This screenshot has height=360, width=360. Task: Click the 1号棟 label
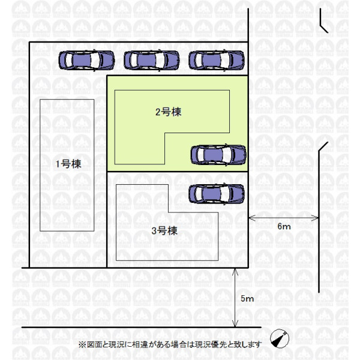click(x=68, y=164)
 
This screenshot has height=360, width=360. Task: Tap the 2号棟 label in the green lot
click(x=168, y=112)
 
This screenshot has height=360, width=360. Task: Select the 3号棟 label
click(x=164, y=230)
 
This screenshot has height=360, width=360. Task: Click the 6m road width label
click(x=284, y=226)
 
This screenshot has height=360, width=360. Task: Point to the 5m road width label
click(x=247, y=298)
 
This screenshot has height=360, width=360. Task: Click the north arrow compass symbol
click(x=280, y=338)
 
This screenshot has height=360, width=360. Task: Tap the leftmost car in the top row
click(x=86, y=60)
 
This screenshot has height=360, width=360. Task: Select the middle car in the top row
click(x=152, y=60)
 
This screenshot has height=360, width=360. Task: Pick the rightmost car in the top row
click(x=217, y=60)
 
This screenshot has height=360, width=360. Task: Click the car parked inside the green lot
click(x=218, y=155)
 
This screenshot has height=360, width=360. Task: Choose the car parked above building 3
click(x=217, y=194)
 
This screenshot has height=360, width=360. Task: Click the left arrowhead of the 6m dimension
click(x=252, y=218)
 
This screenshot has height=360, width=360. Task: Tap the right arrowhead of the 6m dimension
click(x=315, y=218)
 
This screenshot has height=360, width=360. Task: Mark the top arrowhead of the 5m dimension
click(x=235, y=272)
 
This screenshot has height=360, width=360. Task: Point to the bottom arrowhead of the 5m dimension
click(x=235, y=323)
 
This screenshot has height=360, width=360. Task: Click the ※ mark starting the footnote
click(x=82, y=344)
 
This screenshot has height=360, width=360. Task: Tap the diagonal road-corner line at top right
click(x=325, y=28)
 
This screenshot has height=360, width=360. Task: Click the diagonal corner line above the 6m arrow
click(x=323, y=146)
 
